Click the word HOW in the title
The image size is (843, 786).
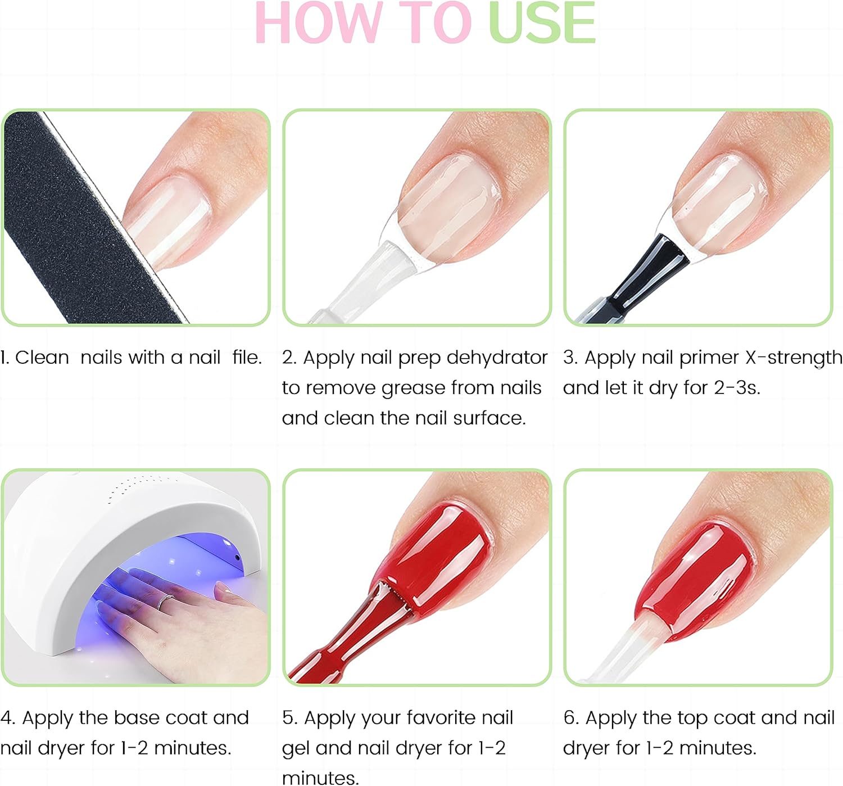tap(315, 24)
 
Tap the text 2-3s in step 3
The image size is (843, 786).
tap(736, 388)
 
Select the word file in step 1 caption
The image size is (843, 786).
tap(247, 358)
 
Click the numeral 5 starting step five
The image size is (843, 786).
tap(288, 718)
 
